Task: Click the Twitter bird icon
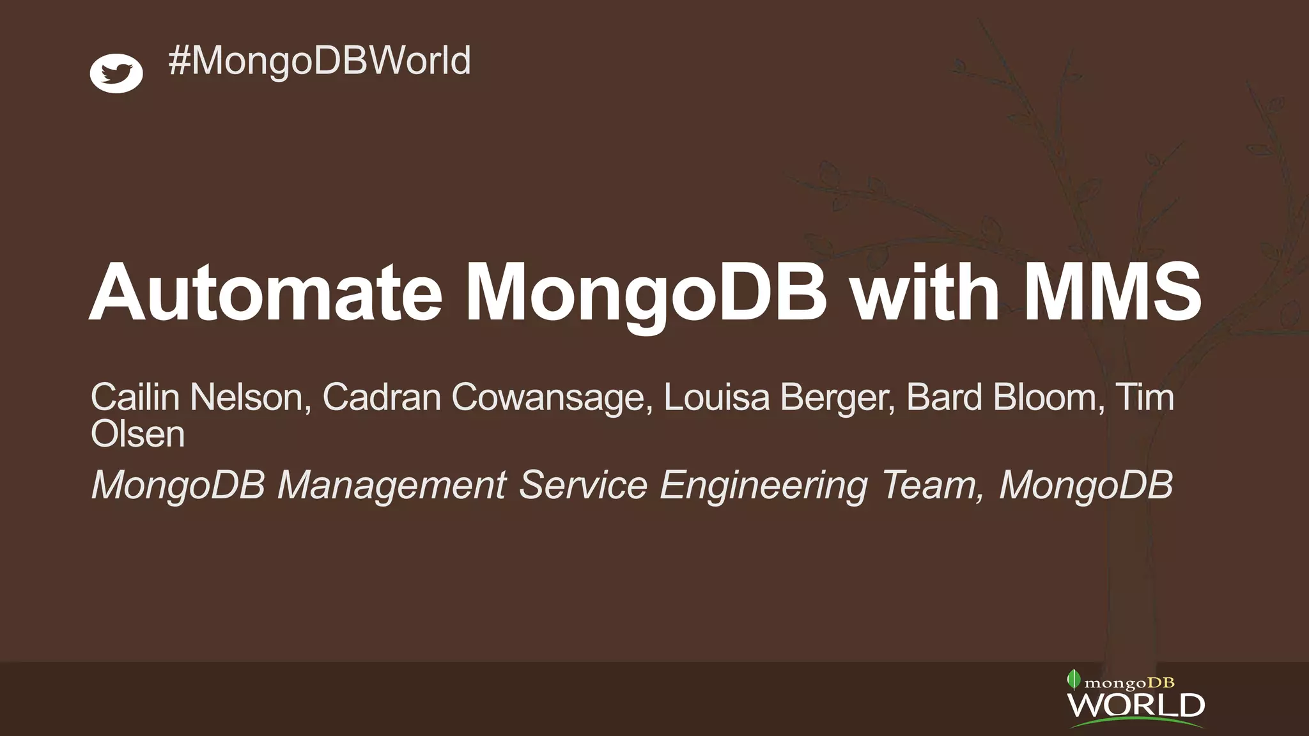point(116,73)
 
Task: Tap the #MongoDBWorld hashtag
point(320,61)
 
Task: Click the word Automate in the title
point(265,293)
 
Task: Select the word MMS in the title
point(1113,293)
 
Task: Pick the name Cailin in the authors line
point(135,397)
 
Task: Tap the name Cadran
point(382,397)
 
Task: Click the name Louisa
point(716,397)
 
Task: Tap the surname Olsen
point(137,434)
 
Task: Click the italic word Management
point(392,486)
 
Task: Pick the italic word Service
point(583,486)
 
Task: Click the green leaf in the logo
point(1074,679)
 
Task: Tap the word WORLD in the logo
point(1136,706)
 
